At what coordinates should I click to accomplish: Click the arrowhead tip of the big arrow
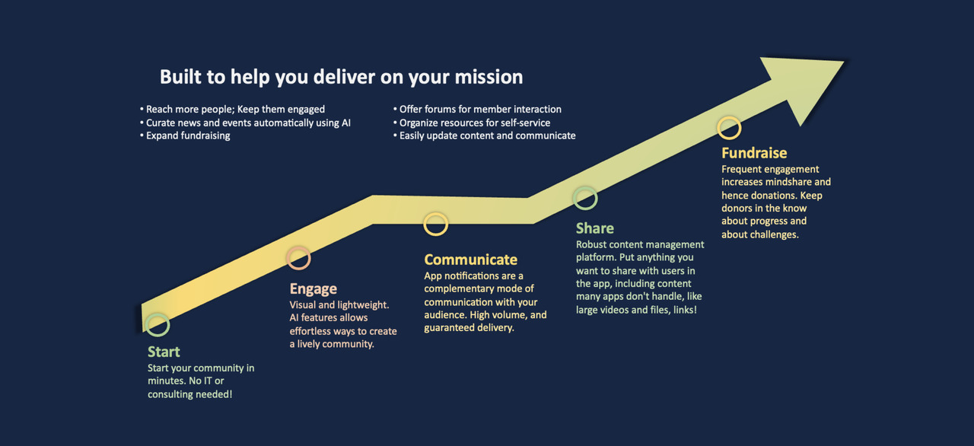tap(844, 62)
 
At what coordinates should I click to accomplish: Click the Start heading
tap(164, 352)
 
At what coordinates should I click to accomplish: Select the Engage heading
tap(313, 289)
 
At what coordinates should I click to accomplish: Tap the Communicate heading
tap(470, 260)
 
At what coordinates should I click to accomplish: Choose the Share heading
tap(595, 228)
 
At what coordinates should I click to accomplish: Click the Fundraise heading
tap(754, 153)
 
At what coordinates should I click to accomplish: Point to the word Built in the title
tap(181, 77)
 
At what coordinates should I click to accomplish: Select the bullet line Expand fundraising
tap(185, 135)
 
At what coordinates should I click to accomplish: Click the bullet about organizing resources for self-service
tap(472, 123)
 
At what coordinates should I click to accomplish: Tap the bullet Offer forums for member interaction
tap(477, 109)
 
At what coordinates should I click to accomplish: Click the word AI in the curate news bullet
tap(345, 123)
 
